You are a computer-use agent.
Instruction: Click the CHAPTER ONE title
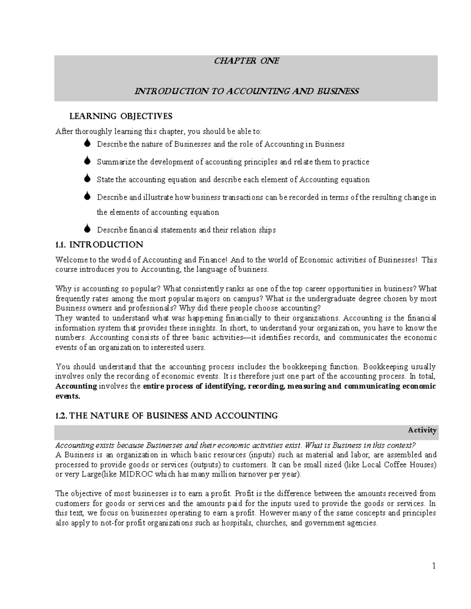246,61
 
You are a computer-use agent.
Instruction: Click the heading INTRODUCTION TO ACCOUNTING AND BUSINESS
246,91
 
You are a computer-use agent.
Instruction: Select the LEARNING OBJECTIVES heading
121,116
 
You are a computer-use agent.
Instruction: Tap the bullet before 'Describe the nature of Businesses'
88,144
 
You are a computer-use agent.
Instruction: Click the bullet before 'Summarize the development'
88,161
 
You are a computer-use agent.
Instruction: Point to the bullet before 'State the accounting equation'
88,179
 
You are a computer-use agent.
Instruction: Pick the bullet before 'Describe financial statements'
88,229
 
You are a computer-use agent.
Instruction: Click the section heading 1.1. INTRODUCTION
99,245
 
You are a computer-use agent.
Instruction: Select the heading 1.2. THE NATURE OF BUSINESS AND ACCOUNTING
167,416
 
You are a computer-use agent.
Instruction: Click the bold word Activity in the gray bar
422,430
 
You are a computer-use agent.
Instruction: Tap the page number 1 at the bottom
434,566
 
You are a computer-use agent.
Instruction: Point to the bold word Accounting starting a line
76,386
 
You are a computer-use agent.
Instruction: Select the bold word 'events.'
68,396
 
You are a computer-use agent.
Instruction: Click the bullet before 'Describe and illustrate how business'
88,196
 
